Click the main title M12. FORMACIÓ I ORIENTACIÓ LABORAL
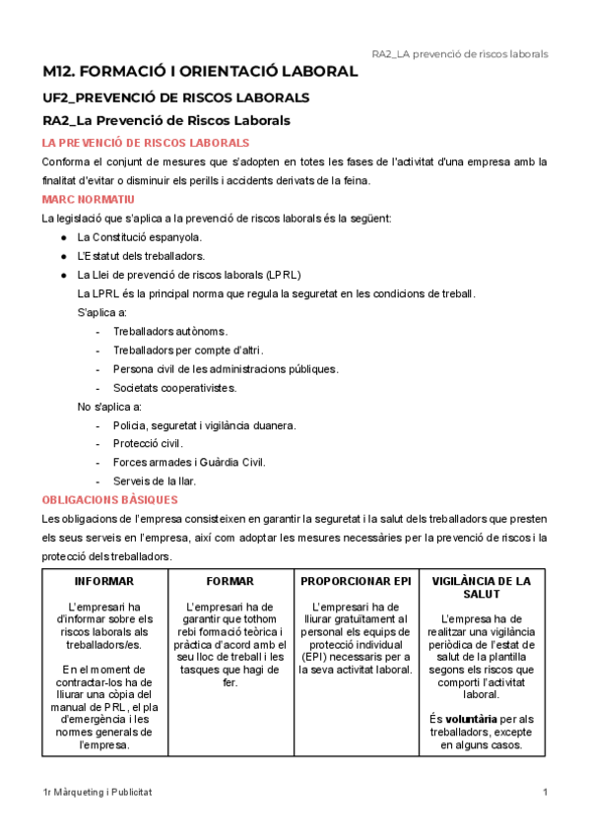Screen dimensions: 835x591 pyautogui.click(x=200, y=72)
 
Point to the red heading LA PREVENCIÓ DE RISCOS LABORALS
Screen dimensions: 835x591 pyautogui.click(x=145, y=143)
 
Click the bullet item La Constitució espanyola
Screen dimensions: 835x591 pyautogui.click(x=139, y=237)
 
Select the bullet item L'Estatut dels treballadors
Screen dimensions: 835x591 pyautogui.click(x=141, y=256)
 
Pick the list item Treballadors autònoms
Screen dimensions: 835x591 pyautogui.click(x=170, y=331)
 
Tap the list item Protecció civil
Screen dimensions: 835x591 pyautogui.click(x=148, y=443)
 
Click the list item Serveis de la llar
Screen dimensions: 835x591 pyautogui.click(x=155, y=481)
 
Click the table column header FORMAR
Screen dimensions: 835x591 pyautogui.click(x=231, y=581)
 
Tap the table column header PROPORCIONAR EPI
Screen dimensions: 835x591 pyautogui.click(x=357, y=581)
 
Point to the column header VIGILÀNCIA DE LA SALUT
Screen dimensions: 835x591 pyautogui.click(x=482, y=588)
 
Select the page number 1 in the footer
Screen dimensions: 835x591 pyautogui.click(x=545, y=793)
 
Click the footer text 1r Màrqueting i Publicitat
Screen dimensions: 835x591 pyautogui.click(x=98, y=793)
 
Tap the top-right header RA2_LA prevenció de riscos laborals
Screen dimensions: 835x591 pyautogui.click(x=459, y=53)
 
